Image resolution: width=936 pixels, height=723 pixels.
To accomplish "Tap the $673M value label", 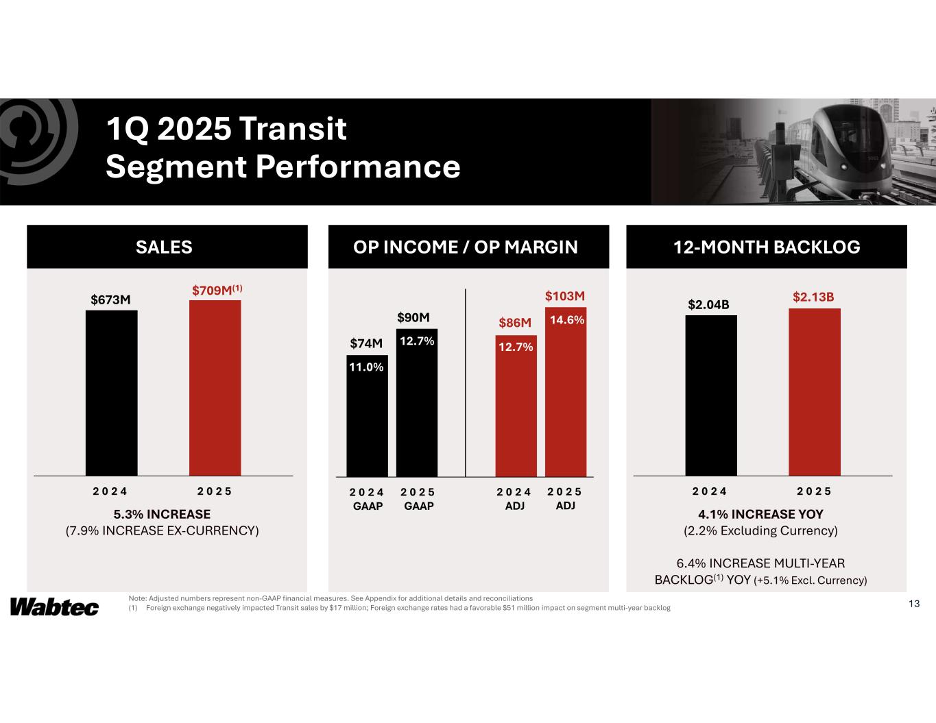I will pyautogui.click(x=111, y=299).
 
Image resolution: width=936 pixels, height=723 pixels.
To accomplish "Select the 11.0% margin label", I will pyautogui.click(x=367, y=367).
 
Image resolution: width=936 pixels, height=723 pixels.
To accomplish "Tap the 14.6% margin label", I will pyautogui.click(x=566, y=319).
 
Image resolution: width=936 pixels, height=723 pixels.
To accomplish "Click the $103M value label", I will pyautogui.click(x=565, y=296).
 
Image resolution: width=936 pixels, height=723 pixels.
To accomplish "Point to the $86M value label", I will pyautogui.click(x=515, y=322).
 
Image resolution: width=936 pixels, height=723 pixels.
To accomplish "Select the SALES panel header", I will pyautogui.click(x=164, y=247).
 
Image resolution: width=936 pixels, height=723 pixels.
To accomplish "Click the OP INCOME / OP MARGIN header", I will pyautogui.click(x=466, y=247).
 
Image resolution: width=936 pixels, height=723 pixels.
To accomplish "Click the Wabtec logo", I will pyautogui.click(x=55, y=607).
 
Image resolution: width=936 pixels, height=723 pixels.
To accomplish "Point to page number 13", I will pyautogui.click(x=913, y=604).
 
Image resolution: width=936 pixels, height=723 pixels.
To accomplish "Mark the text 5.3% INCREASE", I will pyautogui.click(x=162, y=514).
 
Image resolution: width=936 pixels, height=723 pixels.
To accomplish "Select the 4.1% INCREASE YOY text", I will pyautogui.click(x=760, y=514).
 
